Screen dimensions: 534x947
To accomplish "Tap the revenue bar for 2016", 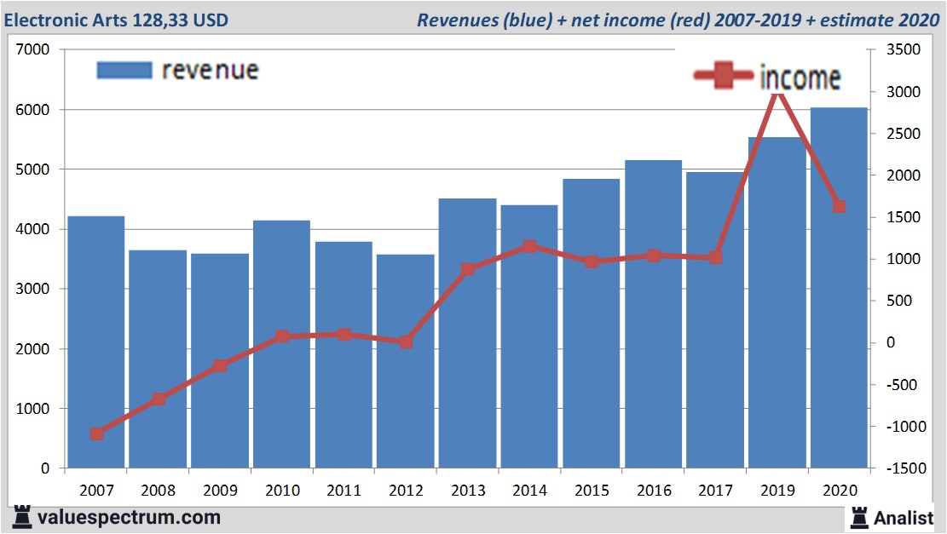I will (x=653, y=314).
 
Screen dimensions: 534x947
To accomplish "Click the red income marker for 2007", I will (x=96, y=434).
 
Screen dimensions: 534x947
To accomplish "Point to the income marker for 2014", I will (x=529, y=247).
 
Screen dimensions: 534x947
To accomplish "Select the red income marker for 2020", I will (x=839, y=206).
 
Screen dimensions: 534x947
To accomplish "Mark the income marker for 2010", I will (x=282, y=337).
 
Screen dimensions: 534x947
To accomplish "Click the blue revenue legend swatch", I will (x=124, y=70).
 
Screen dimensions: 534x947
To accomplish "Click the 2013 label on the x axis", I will (x=468, y=491).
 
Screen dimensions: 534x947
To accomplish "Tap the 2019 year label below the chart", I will (x=777, y=491).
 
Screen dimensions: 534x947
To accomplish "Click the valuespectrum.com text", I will (x=128, y=516).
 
